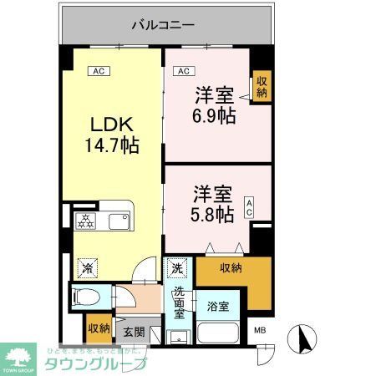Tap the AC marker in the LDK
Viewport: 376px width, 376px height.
coord(99,71)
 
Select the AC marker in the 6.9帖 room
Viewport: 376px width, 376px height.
coord(184,71)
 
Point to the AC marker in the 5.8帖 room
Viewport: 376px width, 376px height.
coord(250,207)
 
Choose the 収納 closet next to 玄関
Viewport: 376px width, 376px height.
coord(98,328)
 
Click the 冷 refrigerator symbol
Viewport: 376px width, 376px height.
coord(86,267)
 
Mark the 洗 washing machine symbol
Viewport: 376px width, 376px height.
coord(177,268)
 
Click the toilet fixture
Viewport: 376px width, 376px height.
coord(87,297)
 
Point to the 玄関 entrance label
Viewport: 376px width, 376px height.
coord(134,332)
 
